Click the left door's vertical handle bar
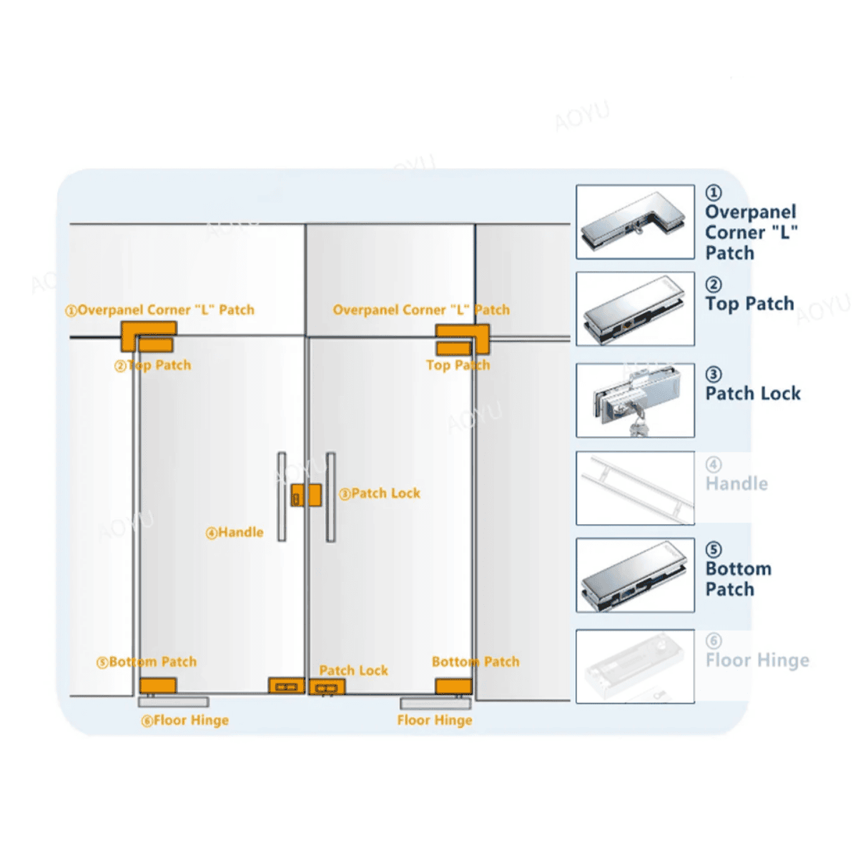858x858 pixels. tap(282, 496)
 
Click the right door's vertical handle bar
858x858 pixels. tap(330, 496)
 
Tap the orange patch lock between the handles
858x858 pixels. tap(306, 495)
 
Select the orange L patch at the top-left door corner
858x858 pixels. tap(148, 330)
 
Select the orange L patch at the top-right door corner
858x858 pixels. tap(463, 332)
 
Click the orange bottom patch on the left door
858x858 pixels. tap(158, 686)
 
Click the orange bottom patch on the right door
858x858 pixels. tap(453, 686)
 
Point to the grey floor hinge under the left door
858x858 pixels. tap(174, 702)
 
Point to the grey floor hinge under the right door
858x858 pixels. tap(435, 703)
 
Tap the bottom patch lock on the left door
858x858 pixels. tap(286, 686)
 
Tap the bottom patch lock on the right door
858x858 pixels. tap(327, 687)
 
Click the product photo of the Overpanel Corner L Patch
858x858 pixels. tap(635, 222)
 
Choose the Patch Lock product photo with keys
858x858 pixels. tap(635, 400)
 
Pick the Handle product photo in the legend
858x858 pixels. tap(635, 488)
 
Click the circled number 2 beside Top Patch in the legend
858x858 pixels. tap(714, 285)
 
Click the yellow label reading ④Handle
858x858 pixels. tap(235, 533)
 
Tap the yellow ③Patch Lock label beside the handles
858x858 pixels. tap(380, 493)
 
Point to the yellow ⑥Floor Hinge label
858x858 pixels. tap(185, 721)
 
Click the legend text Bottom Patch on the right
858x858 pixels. tap(738, 579)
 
